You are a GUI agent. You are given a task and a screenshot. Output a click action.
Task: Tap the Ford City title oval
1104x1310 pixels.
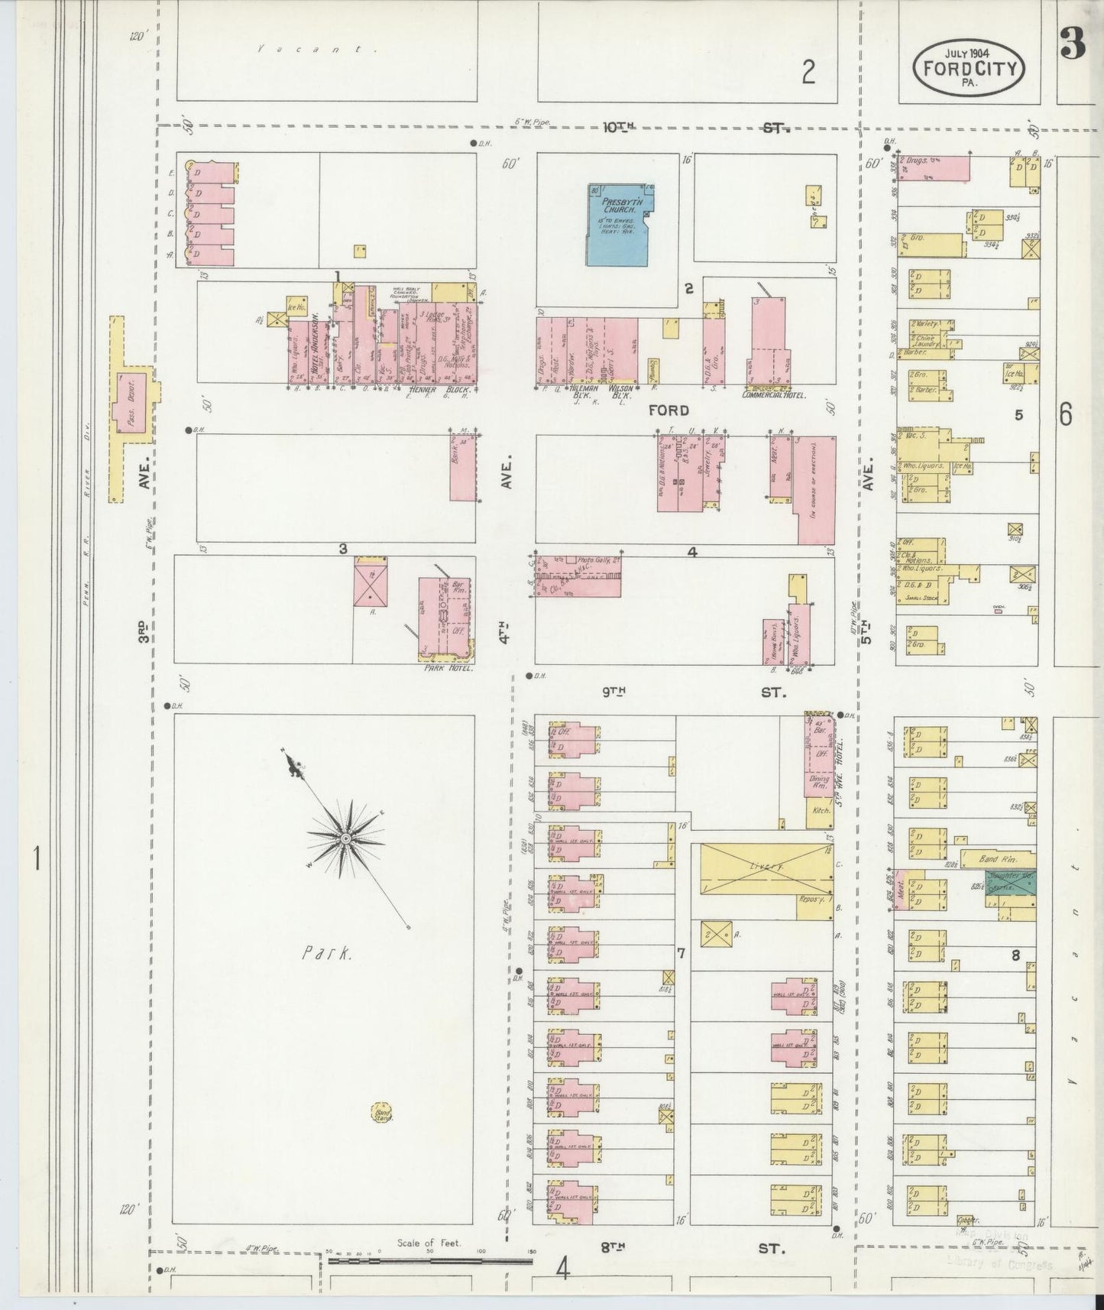970,67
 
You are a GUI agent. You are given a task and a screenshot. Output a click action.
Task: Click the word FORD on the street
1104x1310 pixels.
668,410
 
